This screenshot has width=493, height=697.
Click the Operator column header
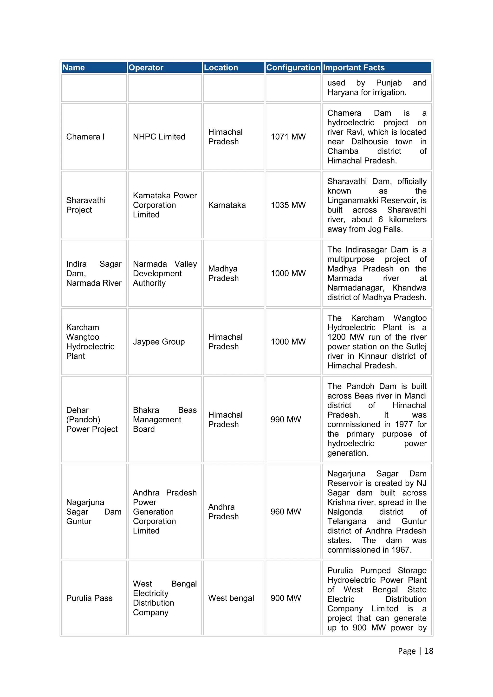pyautogui.click(x=146, y=67)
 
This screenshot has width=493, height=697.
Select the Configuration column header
pyautogui.click(x=293, y=67)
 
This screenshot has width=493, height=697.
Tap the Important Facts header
pyautogui.click(x=354, y=67)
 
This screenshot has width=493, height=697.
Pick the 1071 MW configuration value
pyautogui.click(x=288, y=137)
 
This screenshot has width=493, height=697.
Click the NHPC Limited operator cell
pyautogui.click(x=159, y=137)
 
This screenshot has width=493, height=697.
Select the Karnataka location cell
pyautogui.click(x=227, y=205)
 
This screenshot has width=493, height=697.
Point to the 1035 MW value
pyautogui.click(x=288, y=205)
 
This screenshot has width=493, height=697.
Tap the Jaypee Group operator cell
pyautogui.click(x=159, y=342)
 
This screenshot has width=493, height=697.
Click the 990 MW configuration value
pyautogui.click(x=286, y=419)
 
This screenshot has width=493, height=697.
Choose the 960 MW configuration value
pyautogui.click(x=286, y=511)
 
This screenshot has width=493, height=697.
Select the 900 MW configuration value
pyautogui.click(x=286, y=598)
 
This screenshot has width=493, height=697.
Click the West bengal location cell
pyautogui.click(x=231, y=598)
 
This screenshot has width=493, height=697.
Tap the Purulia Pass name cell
pyautogui.click(x=89, y=598)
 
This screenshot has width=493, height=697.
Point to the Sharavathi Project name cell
pyautogui.click(x=86, y=205)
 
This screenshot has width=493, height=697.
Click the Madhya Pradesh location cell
pyautogui.click(x=223, y=273)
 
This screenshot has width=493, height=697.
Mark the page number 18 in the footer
pyautogui.click(x=429, y=651)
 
